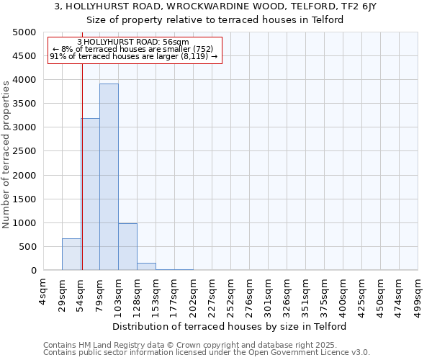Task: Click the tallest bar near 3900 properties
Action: [x=109, y=176]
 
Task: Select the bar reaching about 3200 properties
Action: [x=91, y=194]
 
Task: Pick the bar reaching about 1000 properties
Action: [x=127, y=247]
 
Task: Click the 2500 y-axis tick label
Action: [x=23, y=151]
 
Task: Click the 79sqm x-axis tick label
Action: [x=99, y=292]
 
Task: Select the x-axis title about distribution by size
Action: [x=230, y=326]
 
